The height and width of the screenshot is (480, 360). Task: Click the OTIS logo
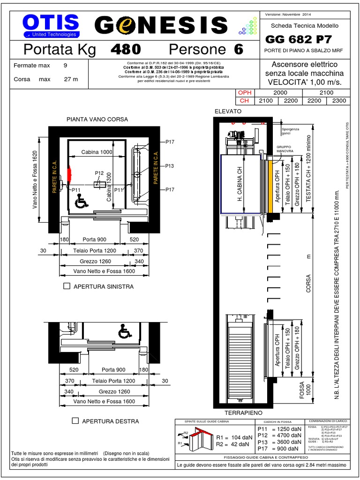click(x=51, y=25)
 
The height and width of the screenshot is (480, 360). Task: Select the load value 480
click(x=125, y=49)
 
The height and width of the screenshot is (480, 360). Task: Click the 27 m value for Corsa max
click(x=71, y=79)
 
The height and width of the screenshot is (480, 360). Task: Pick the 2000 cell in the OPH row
click(x=280, y=93)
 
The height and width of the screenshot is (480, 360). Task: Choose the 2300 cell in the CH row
click(x=339, y=100)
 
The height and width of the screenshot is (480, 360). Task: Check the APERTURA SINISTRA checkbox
click(x=67, y=286)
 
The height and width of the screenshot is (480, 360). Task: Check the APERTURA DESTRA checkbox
click(x=75, y=421)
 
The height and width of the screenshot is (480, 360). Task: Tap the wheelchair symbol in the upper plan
click(x=82, y=202)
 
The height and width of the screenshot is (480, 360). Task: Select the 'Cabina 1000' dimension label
click(x=97, y=152)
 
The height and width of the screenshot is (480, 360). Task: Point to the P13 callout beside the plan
click(x=170, y=166)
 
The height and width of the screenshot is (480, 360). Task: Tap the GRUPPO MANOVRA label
click(x=285, y=149)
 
